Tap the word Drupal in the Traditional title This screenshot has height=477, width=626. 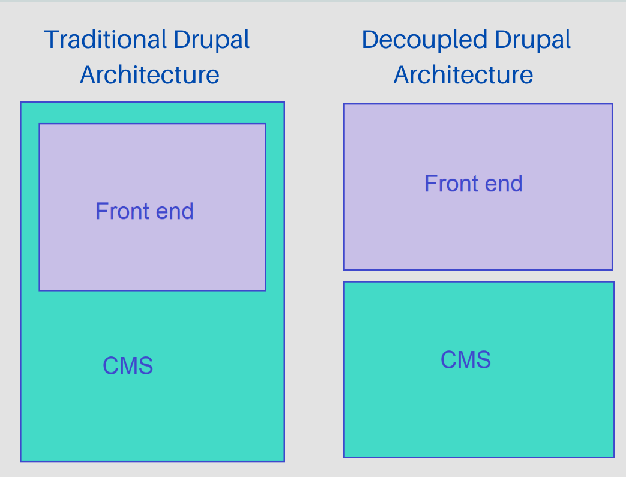click(x=212, y=41)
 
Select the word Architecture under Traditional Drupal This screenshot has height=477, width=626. click(x=149, y=75)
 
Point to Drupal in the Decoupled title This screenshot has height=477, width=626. click(x=533, y=41)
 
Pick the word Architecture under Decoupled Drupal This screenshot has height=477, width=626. click(x=463, y=75)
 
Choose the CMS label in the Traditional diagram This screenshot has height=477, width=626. click(x=128, y=365)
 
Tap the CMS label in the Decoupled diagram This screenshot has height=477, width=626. click(x=466, y=360)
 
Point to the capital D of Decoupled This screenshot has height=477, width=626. click(x=371, y=40)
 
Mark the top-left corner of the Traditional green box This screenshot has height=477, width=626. click(x=21, y=103)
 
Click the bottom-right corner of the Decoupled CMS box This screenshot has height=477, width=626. click(x=613, y=457)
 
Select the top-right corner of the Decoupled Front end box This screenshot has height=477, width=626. click(x=612, y=104)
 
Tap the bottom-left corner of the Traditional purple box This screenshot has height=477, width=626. click(x=40, y=290)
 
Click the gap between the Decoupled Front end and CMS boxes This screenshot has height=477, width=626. click(x=478, y=275)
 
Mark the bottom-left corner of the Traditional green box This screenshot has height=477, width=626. click(x=21, y=461)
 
